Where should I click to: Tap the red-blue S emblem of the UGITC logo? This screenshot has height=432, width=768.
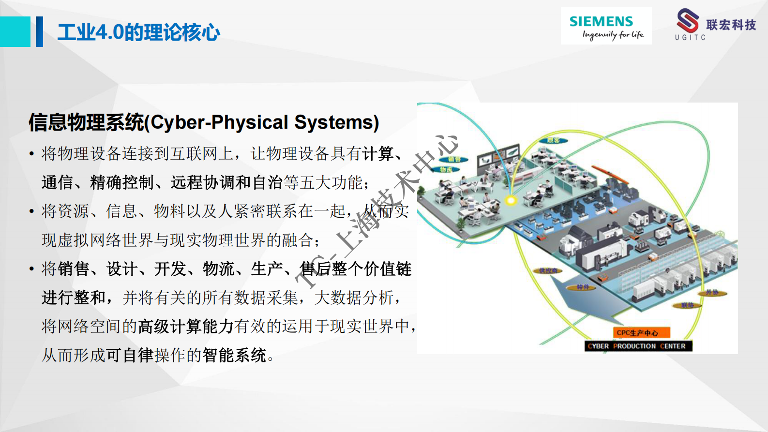coord(688,21)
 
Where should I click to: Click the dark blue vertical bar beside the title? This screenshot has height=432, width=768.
coord(39,31)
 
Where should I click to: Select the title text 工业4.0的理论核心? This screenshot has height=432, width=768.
coord(138,32)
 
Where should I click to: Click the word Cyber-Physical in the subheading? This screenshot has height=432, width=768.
coord(220,122)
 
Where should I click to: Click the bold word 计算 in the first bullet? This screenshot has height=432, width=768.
coord(378,154)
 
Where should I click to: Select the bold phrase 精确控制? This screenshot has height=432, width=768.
coord(121,182)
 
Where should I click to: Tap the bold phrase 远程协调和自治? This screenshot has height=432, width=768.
coord(226,182)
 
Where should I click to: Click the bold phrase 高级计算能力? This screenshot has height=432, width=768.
coord(186,326)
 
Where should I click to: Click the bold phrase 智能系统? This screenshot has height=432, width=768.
coord(234,355)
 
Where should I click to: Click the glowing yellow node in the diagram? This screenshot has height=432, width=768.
coord(511,199)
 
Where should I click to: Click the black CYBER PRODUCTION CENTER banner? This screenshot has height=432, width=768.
coord(638,346)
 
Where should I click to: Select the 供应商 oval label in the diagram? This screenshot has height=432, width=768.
coord(548,271)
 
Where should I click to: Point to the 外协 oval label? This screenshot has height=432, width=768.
coord(712,292)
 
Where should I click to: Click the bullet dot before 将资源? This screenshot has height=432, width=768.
coord(31,211)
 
